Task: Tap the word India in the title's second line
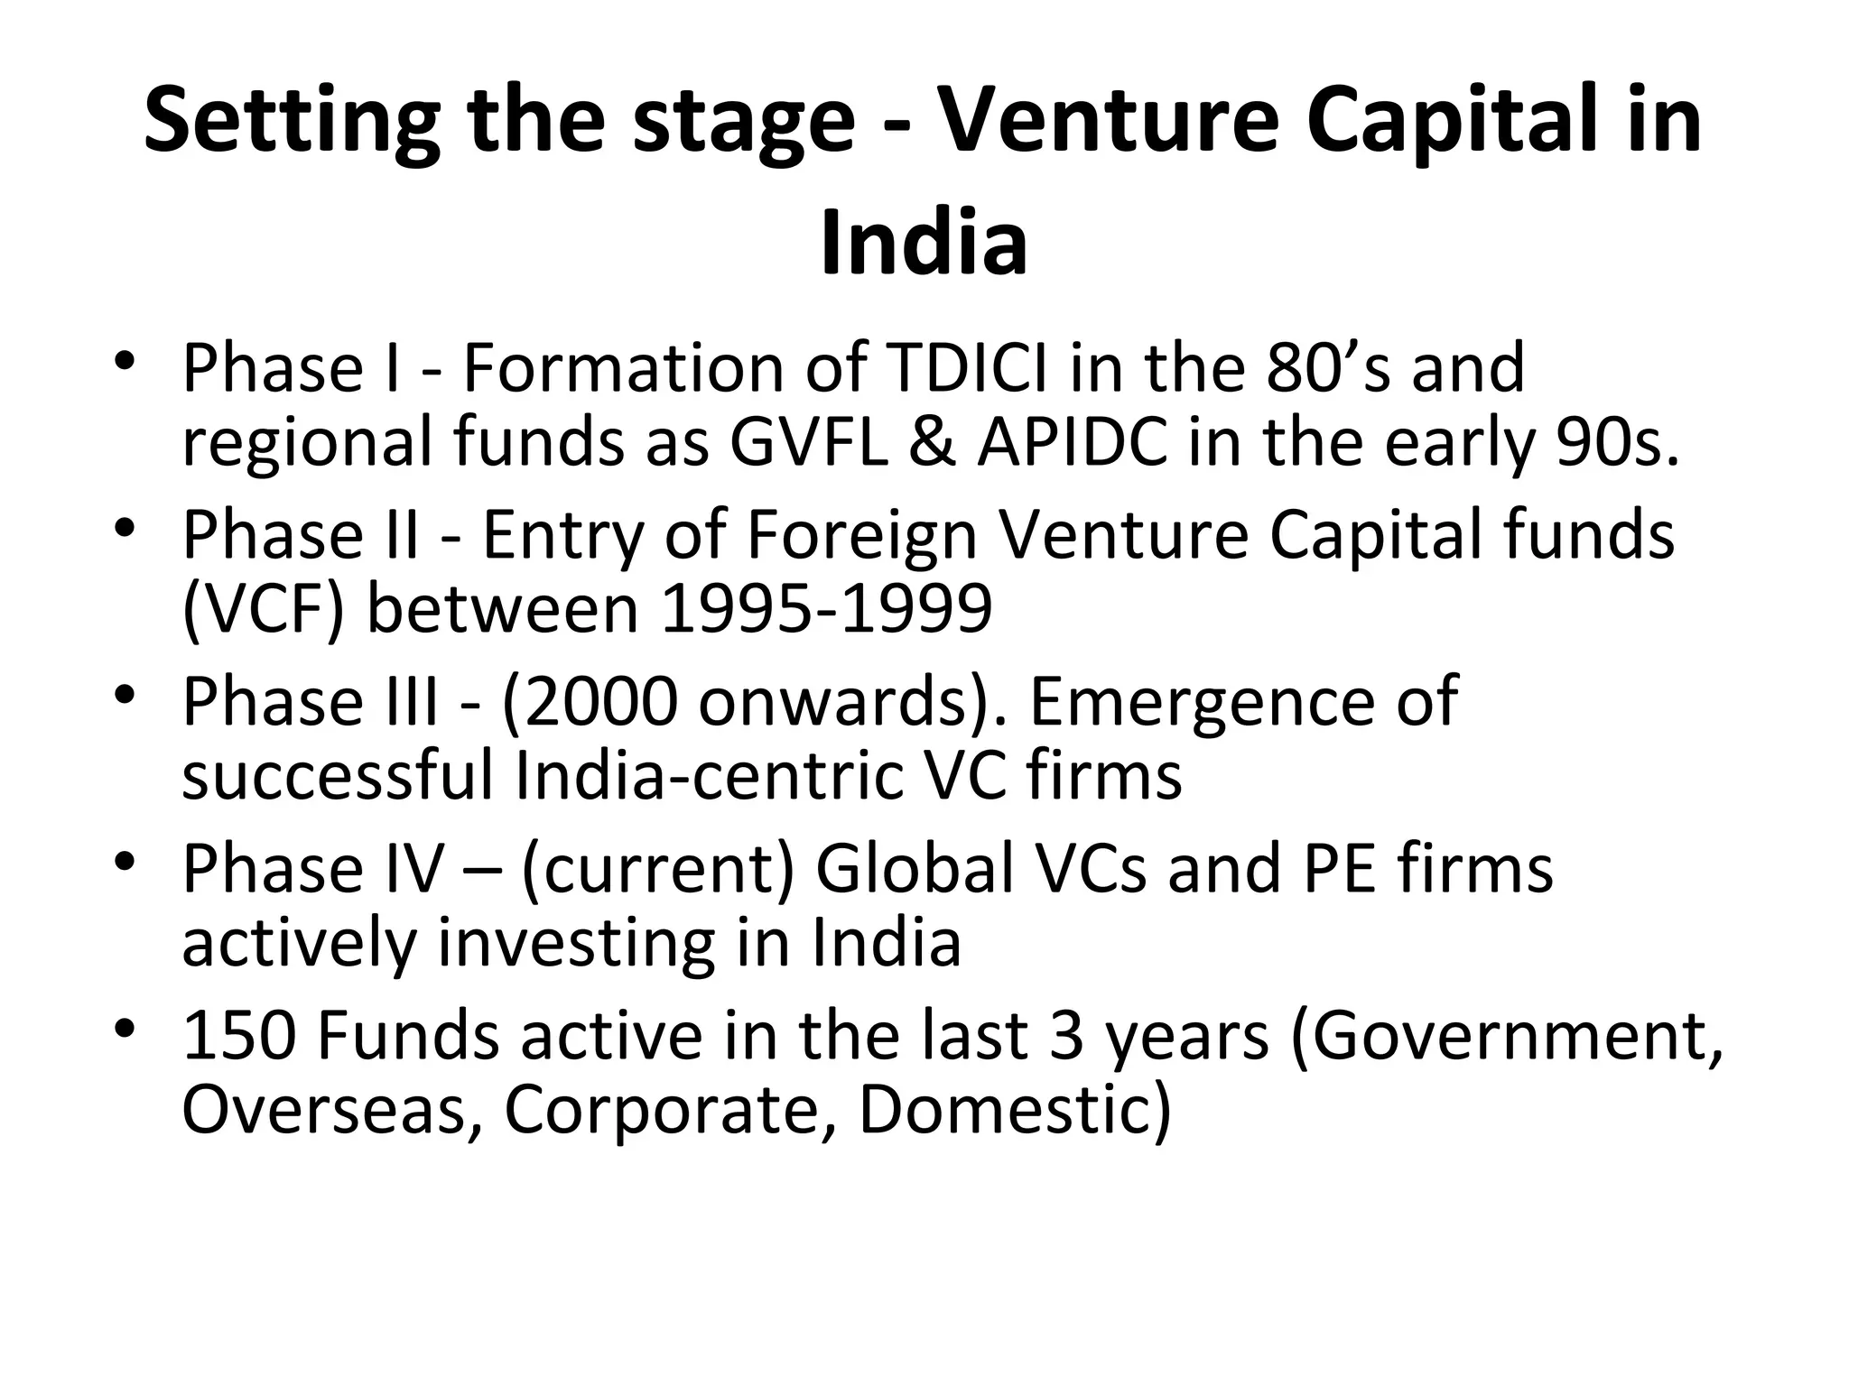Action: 924,243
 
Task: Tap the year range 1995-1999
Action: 827,609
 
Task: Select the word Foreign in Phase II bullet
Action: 862,535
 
